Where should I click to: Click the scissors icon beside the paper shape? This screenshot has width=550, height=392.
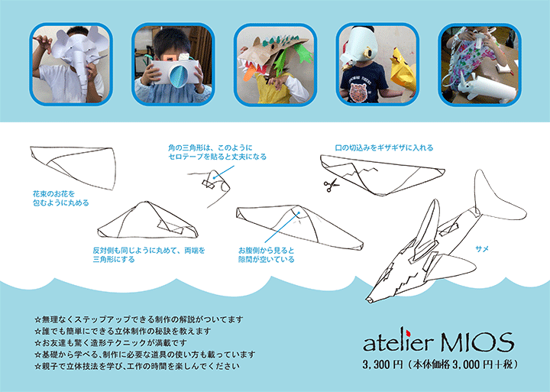click(330, 184)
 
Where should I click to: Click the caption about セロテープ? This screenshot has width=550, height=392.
click(217, 151)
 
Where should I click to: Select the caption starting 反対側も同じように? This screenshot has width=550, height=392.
click(148, 254)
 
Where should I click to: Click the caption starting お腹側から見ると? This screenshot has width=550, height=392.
click(266, 254)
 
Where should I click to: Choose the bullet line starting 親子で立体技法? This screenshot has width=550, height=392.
click(137, 366)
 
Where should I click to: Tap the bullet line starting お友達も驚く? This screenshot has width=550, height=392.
click(116, 342)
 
